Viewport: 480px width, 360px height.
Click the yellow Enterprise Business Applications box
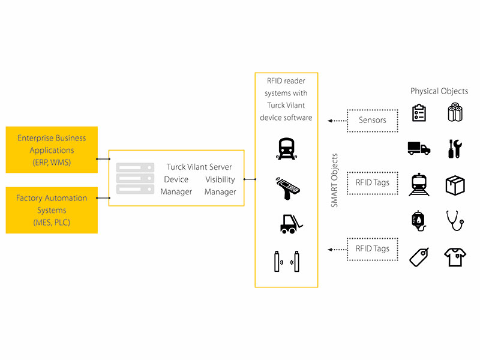(x=51, y=150)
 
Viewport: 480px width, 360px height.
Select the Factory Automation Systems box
(x=51, y=210)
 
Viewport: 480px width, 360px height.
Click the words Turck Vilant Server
(x=199, y=167)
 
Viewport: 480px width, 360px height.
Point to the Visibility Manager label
(x=220, y=185)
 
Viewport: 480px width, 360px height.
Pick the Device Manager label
(x=176, y=185)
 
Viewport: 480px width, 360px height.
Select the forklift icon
(x=287, y=223)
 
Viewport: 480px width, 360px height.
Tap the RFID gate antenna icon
(x=286, y=262)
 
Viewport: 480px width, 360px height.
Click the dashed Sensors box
(x=373, y=120)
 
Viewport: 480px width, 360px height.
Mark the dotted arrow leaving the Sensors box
(x=337, y=120)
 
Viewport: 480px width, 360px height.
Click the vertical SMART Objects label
(x=335, y=181)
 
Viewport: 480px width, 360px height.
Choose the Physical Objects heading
(x=439, y=91)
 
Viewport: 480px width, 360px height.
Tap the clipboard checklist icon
(x=419, y=113)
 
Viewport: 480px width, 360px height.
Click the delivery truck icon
(x=419, y=148)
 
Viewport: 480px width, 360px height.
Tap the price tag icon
(x=419, y=257)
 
